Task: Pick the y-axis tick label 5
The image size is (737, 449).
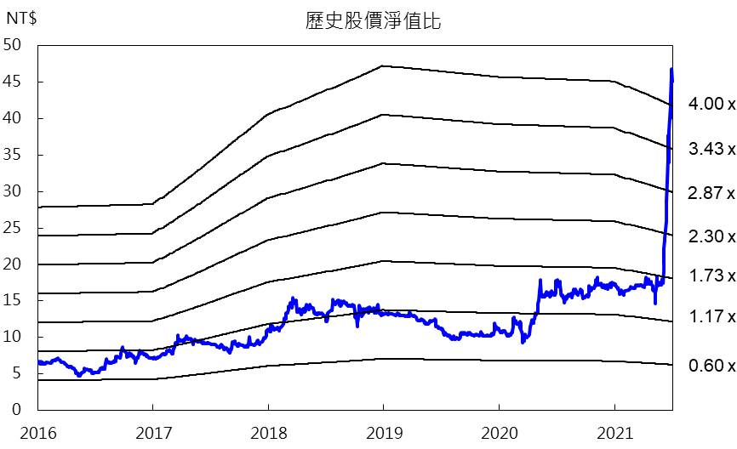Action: tap(16, 373)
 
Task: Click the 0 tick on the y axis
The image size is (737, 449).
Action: tap(16, 410)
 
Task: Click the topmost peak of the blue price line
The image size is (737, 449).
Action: tap(671, 69)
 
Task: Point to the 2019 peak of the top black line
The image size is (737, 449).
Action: tap(383, 65)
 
